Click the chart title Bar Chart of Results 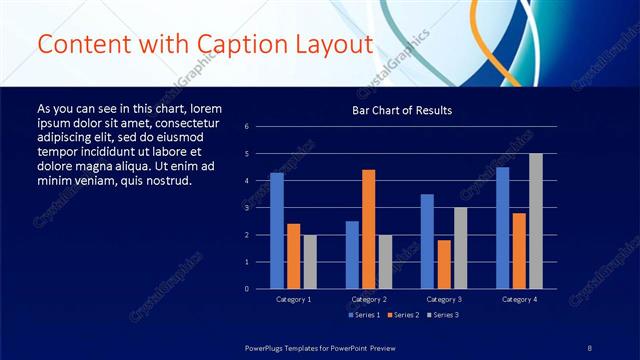(x=402, y=110)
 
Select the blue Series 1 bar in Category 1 (x=277, y=230)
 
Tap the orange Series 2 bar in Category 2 (x=369, y=229)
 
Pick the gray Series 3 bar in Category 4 (x=536, y=221)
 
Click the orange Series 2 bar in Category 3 (x=444, y=264)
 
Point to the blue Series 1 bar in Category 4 (x=502, y=227)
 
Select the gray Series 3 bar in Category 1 (x=310, y=261)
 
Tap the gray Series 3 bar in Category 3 (x=460, y=248)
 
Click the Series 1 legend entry (x=364, y=316)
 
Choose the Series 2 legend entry (x=402, y=316)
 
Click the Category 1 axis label (x=293, y=299)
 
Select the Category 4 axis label (x=518, y=299)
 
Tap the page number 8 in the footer (x=590, y=347)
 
